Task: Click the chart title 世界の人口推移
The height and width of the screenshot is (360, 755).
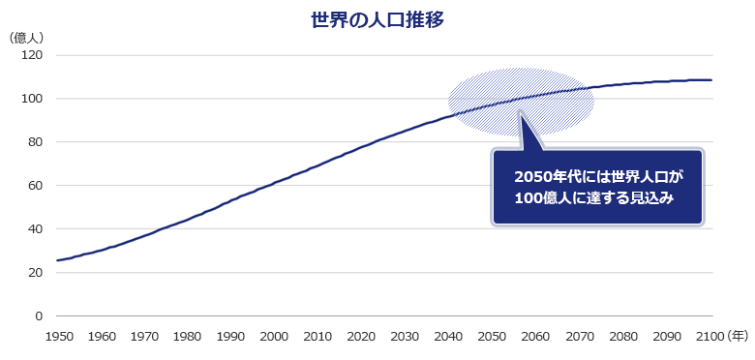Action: (x=377, y=19)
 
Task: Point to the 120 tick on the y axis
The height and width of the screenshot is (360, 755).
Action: (x=32, y=55)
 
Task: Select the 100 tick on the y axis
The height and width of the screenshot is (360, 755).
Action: (x=32, y=99)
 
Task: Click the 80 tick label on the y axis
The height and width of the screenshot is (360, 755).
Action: (x=35, y=142)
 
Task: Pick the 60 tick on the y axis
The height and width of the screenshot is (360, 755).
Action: (x=35, y=186)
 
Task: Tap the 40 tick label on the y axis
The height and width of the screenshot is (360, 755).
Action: (x=35, y=229)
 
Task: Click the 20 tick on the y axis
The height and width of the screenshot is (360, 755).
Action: (x=35, y=273)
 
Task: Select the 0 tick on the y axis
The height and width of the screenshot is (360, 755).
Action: (x=39, y=316)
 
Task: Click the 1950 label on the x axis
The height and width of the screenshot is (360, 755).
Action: (x=57, y=336)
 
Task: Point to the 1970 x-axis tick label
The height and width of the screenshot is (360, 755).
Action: (x=144, y=336)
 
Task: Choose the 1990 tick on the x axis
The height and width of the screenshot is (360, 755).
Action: (x=231, y=336)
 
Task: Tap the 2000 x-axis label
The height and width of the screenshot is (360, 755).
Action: (x=275, y=336)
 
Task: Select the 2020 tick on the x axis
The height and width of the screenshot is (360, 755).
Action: (x=362, y=336)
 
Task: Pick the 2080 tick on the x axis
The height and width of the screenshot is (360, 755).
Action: (x=623, y=336)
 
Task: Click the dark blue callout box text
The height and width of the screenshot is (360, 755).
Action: (x=598, y=187)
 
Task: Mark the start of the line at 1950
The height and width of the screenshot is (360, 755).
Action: (x=57, y=260)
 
